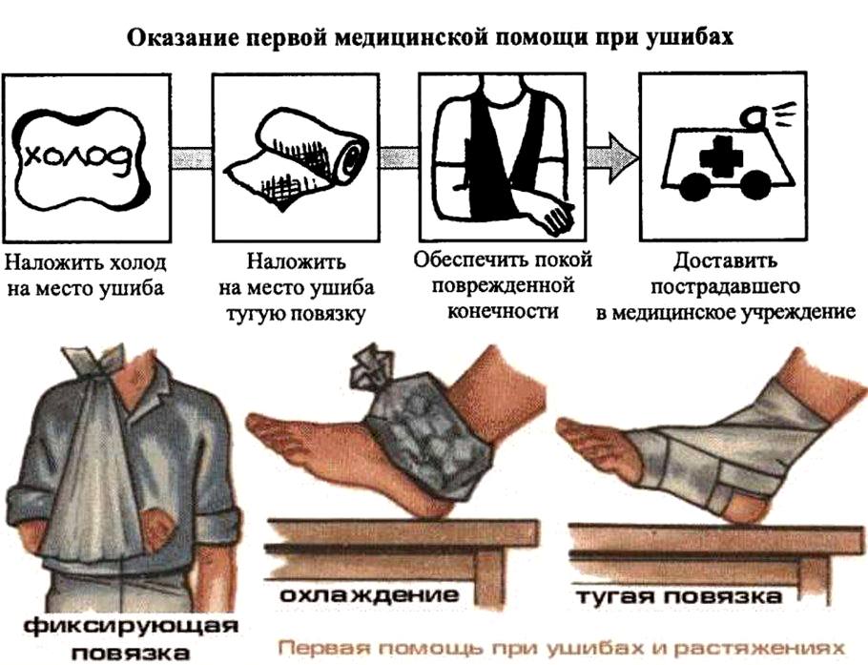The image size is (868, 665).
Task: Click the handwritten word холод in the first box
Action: pos(78,159)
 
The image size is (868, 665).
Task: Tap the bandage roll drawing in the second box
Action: pos(296,159)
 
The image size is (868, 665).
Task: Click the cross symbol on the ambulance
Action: pos(720,157)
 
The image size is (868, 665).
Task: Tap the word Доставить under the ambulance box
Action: pos(725,260)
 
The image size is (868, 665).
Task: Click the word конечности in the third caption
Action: pos(503,311)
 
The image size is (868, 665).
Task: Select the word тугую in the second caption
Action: pos(257,315)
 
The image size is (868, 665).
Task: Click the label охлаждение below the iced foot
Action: pos(369,594)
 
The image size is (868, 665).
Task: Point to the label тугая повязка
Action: pos(679,596)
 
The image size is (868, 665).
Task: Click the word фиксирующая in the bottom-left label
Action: pos(132,628)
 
